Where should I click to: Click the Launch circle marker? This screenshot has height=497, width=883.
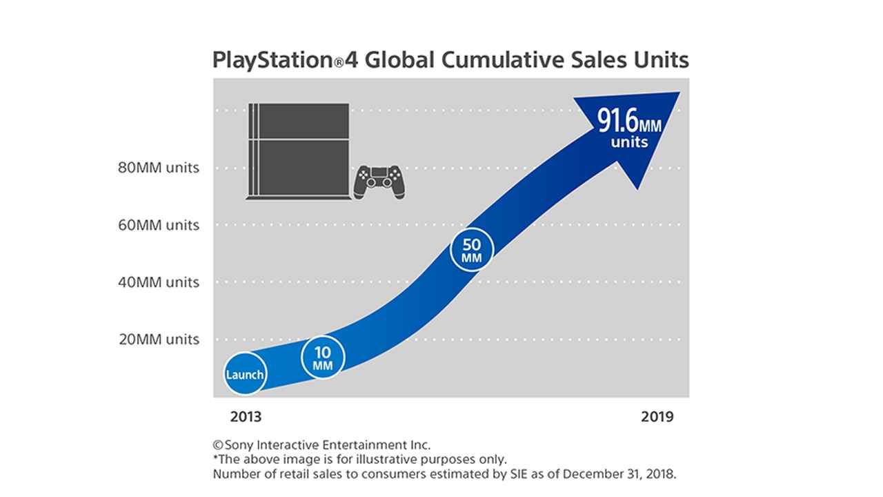(245, 375)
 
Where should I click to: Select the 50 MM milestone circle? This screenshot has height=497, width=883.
(472, 250)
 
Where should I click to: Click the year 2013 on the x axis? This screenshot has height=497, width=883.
(246, 417)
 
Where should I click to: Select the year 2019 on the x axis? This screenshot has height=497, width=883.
(657, 417)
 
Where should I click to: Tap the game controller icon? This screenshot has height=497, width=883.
(379, 182)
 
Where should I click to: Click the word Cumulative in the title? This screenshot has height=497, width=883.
(492, 60)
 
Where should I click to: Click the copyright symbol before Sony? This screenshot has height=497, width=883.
(217, 445)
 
